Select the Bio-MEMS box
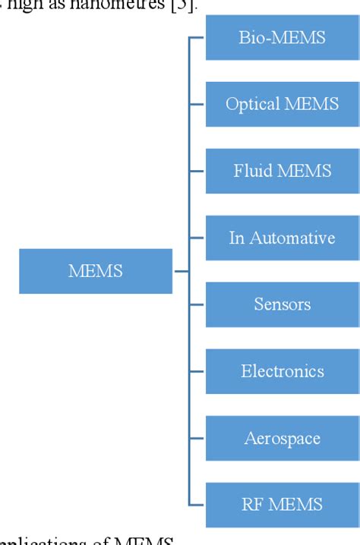click(283, 37)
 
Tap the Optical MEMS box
click(283, 104)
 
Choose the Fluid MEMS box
click(283, 171)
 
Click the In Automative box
click(283, 238)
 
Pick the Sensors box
click(283, 304)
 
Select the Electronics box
click(283, 371)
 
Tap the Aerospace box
click(283, 438)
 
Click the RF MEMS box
click(283, 505)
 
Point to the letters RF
click(251, 505)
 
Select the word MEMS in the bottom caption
click(144, 540)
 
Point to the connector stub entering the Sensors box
click(197, 304)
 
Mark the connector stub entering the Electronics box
click(197, 371)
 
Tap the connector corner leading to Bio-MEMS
click(190, 38)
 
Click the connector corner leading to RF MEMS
click(190, 505)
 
